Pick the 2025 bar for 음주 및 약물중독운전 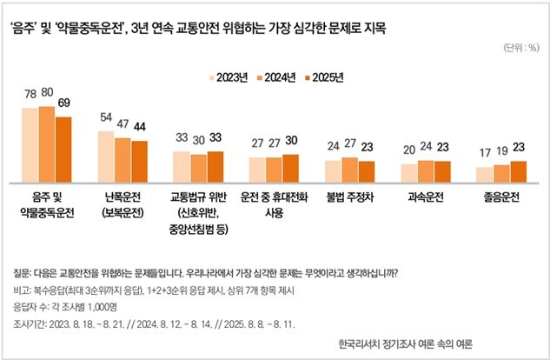coord(63,149)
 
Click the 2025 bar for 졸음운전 coord(518,171)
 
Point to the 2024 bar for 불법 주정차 coord(349,170)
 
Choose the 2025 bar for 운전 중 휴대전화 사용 coord(290,168)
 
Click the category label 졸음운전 coord(500,197)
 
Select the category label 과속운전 coord(425,197)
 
